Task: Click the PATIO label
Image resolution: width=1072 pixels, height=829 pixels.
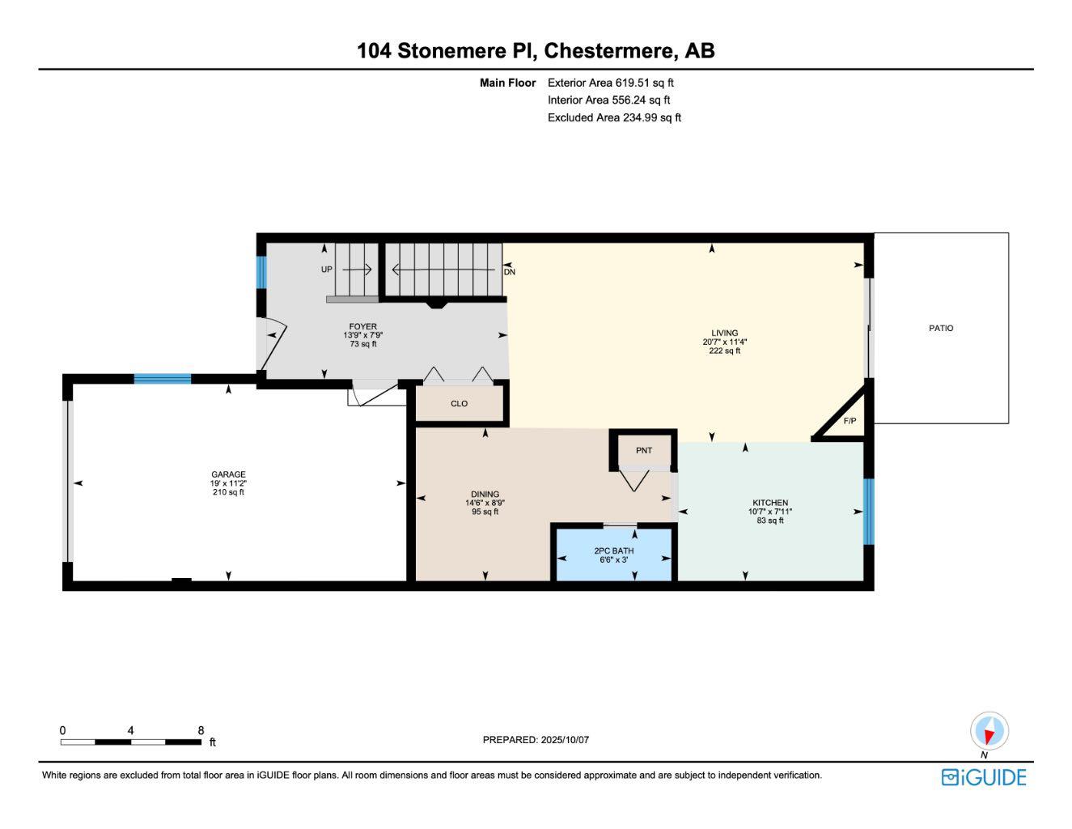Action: click(940, 328)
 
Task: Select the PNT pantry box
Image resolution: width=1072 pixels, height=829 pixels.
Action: click(643, 450)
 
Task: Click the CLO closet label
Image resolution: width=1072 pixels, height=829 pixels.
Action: click(459, 403)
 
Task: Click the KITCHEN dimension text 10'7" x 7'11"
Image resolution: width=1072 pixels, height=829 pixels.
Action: click(769, 512)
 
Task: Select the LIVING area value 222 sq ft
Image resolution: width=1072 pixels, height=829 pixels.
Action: click(724, 351)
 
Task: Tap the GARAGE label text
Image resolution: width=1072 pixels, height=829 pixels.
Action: click(228, 474)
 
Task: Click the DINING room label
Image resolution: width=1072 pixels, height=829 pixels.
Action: click(485, 494)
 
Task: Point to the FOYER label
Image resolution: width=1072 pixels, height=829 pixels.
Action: click(363, 326)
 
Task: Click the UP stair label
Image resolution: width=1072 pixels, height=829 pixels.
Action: click(326, 270)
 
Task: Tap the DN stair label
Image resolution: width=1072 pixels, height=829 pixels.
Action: click(510, 272)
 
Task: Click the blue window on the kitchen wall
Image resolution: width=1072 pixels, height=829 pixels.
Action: click(868, 512)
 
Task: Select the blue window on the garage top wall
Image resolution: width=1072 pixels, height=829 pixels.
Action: click(163, 378)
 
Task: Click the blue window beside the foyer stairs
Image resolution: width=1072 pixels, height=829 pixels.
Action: click(261, 273)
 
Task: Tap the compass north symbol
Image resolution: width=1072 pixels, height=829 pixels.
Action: click(989, 731)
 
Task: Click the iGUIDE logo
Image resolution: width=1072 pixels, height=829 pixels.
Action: click(984, 777)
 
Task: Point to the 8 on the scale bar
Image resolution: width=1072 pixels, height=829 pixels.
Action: click(201, 729)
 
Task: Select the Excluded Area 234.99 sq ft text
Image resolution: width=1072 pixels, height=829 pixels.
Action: click(614, 117)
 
